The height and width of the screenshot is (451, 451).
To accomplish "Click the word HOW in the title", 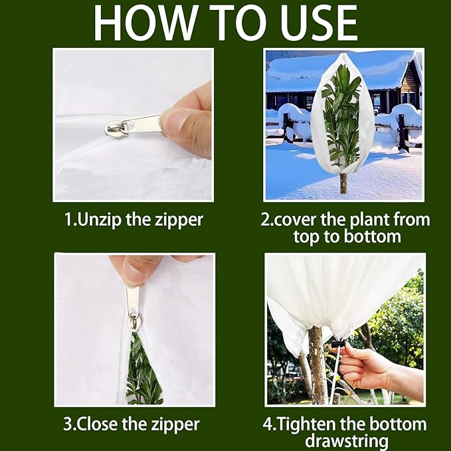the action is (146, 23).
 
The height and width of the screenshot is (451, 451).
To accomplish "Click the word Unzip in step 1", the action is (99, 221).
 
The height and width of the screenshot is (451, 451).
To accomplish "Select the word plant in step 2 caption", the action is (369, 221).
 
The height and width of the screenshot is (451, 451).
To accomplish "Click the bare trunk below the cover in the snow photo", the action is (343, 183).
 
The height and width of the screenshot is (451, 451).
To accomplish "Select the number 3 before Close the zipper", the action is (67, 424).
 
